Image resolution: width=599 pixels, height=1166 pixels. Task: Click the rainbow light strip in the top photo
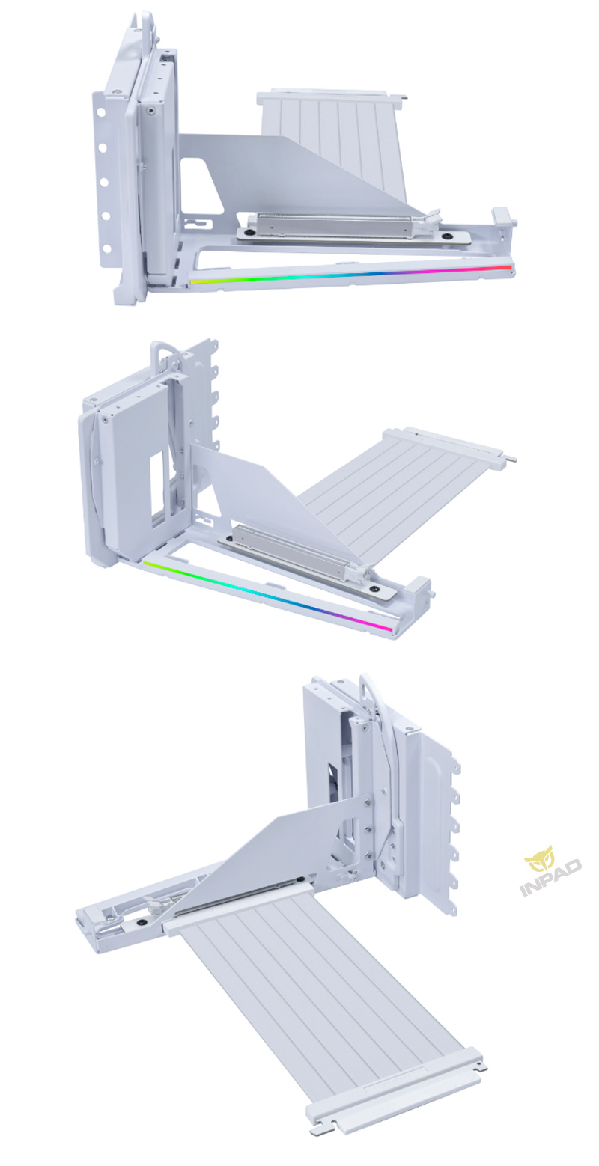coord(350,274)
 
